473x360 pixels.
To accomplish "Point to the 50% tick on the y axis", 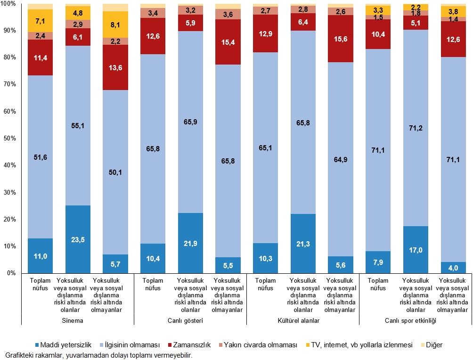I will point(9,139).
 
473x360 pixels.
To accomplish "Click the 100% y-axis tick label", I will point(8,4).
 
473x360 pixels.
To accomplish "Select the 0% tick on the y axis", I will point(11,273).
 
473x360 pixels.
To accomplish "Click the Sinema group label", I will point(78,320).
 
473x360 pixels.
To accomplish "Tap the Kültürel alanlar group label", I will point(302,320).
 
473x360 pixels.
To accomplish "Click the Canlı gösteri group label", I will point(190,320).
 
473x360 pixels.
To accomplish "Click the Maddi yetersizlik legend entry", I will point(64,345).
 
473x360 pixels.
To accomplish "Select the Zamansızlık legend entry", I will point(191,345).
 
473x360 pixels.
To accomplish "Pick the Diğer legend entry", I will point(433,345).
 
